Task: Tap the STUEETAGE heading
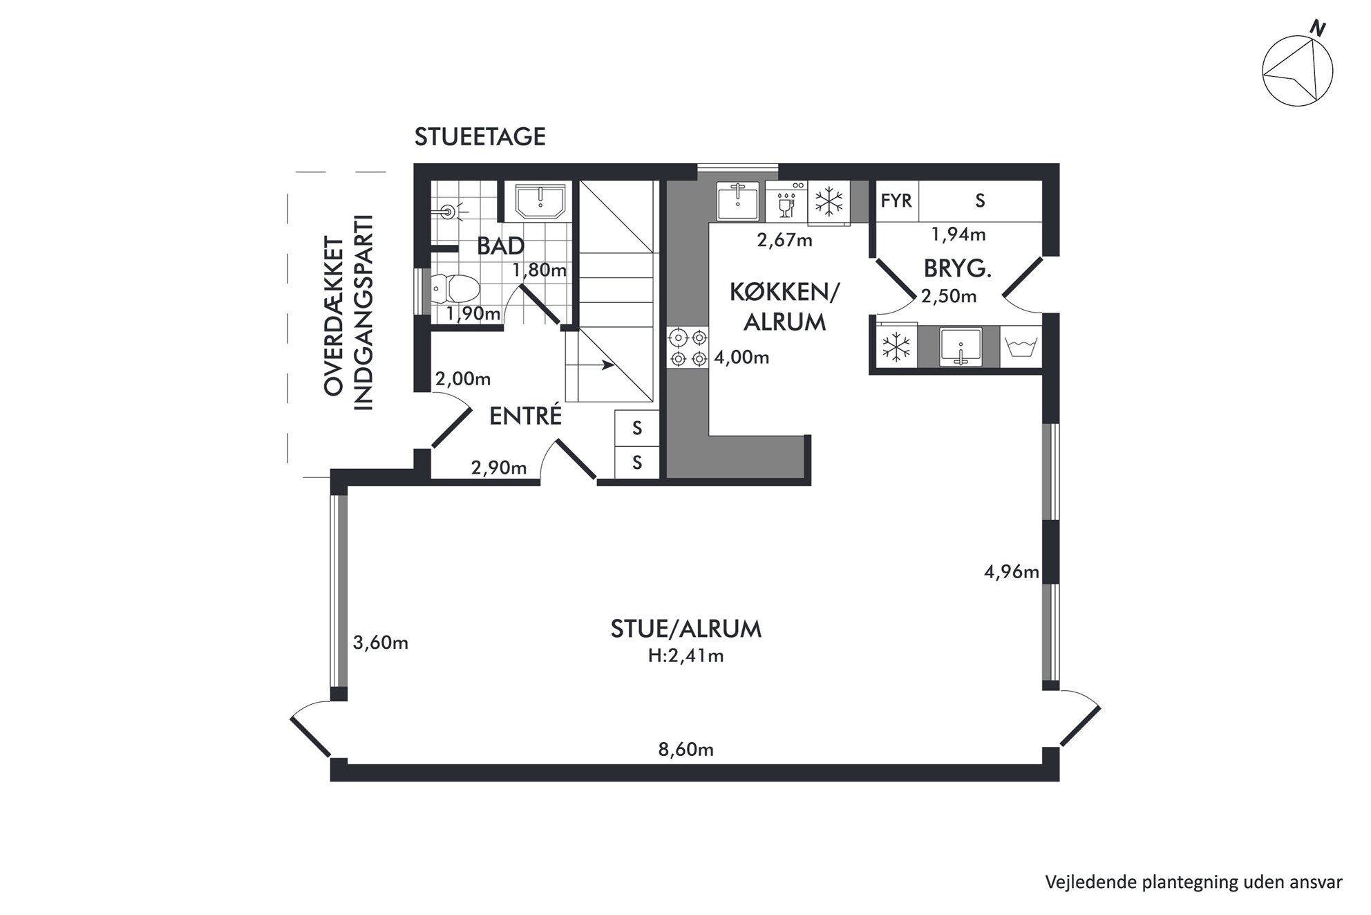click(480, 137)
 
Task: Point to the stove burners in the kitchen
click(689, 348)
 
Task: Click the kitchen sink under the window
click(738, 201)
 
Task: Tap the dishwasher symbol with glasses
click(786, 201)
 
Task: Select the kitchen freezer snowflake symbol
click(829, 202)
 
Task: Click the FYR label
click(896, 201)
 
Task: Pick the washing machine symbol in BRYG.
click(1019, 346)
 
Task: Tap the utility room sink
click(960, 346)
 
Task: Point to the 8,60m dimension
click(685, 749)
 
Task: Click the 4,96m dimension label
click(1012, 571)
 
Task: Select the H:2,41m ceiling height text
click(685, 655)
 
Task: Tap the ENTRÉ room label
click(525, 416)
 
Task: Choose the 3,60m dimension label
click(381, 643)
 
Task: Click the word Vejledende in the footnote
click(1087, 882)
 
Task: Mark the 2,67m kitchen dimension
click(785, 240)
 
